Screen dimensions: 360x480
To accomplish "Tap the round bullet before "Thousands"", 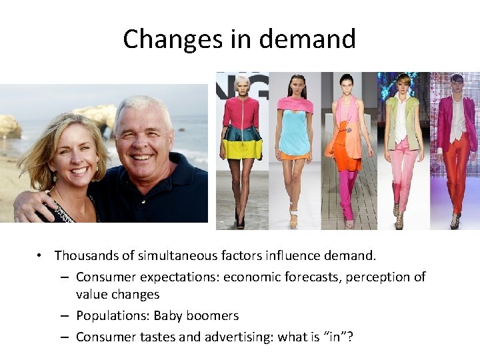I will coord(41,256).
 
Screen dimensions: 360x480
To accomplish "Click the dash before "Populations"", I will coord(64,316).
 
